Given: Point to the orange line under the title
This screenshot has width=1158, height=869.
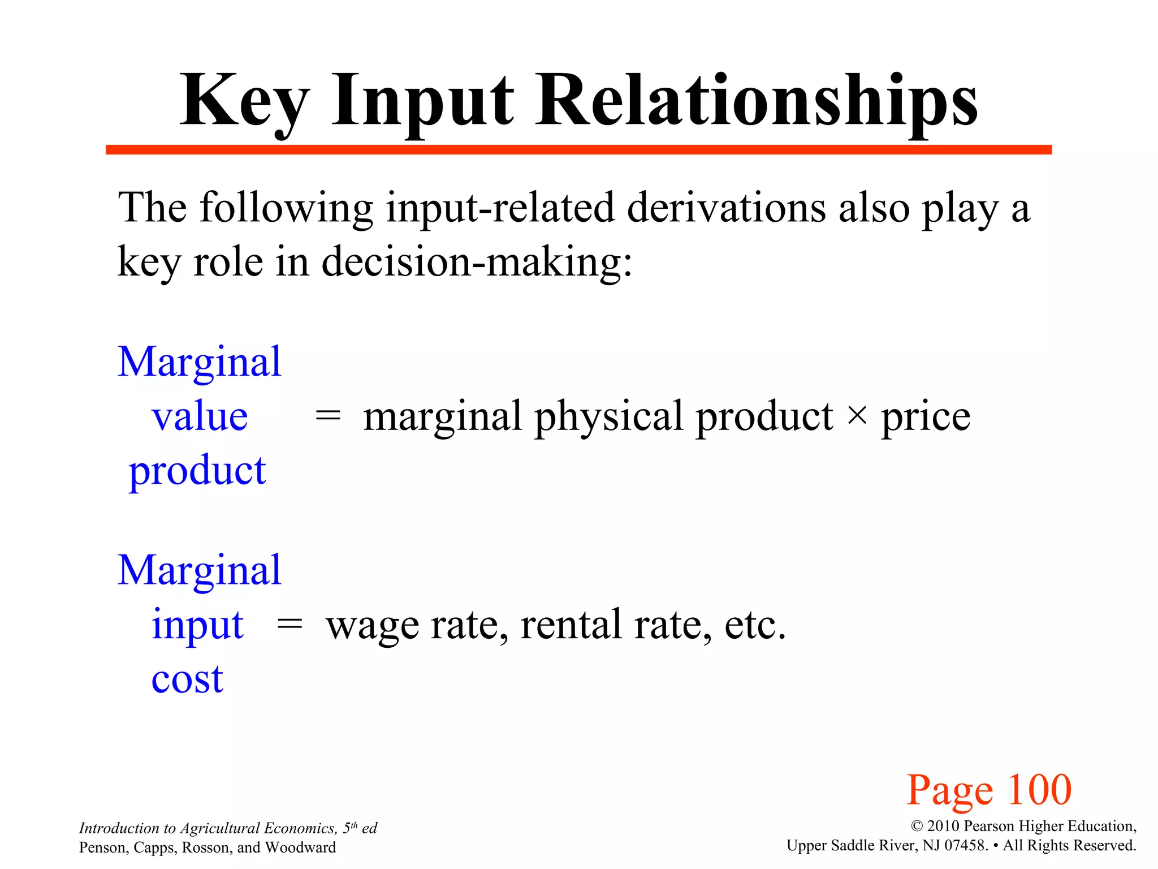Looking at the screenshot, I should tap(578, 149).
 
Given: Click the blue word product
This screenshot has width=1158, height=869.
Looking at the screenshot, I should tap(197, 471).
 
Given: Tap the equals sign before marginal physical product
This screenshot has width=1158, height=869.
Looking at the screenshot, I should tap(328, 417).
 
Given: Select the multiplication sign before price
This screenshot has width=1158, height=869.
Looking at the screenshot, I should tap(857, 416).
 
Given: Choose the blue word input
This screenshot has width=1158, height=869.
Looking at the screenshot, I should tap(197, 626).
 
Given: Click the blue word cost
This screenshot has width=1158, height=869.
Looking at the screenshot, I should tap(187, 678).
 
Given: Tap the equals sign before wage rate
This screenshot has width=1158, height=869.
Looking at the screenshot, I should tap(290, 625).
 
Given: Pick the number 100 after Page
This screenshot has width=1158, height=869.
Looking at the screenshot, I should tap(1039, 790).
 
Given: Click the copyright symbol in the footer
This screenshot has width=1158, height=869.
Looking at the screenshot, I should tap(917, 827).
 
